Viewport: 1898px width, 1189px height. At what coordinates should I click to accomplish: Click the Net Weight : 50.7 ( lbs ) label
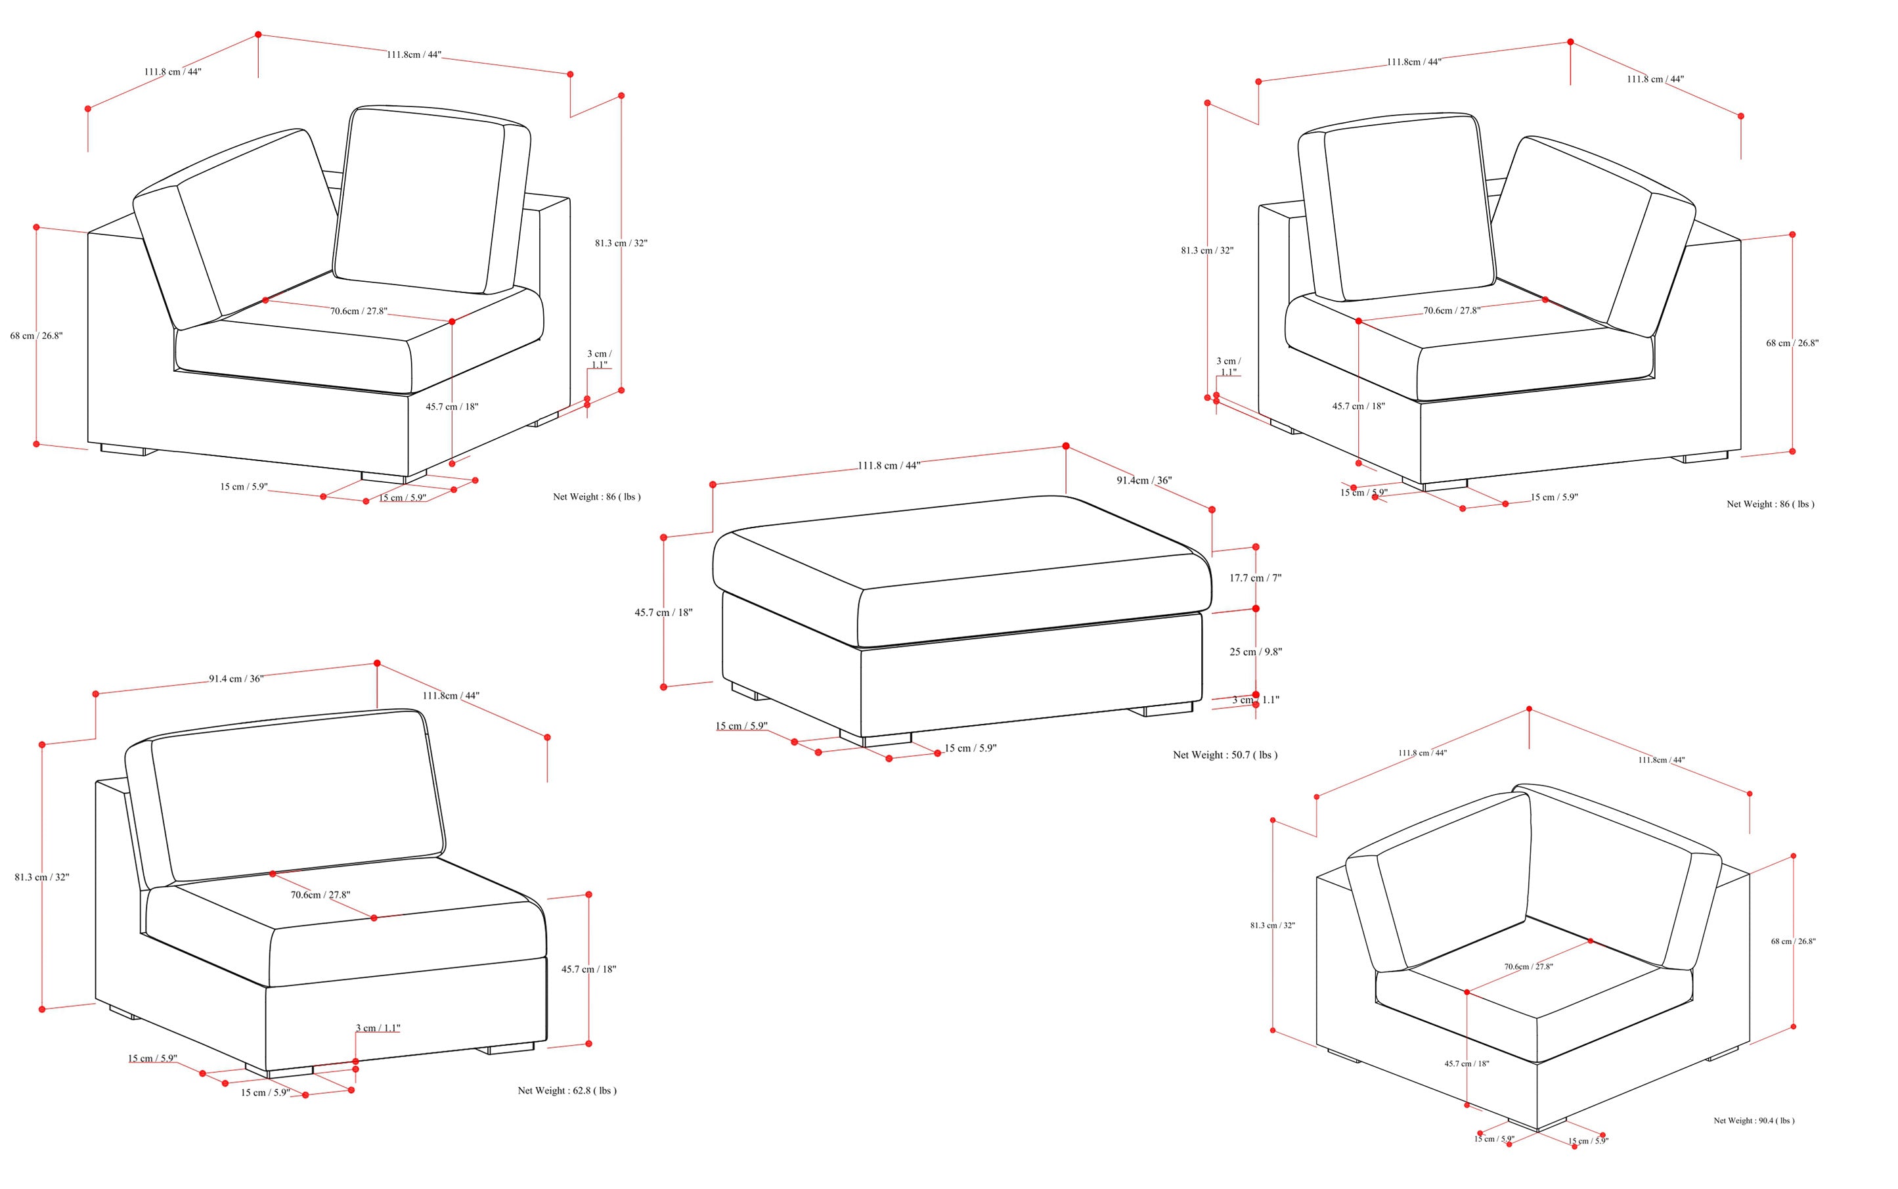[1224, 755]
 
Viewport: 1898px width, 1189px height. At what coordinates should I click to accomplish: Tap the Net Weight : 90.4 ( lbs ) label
[1754, 1121]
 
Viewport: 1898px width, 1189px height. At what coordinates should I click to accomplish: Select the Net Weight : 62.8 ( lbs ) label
[566, 1090]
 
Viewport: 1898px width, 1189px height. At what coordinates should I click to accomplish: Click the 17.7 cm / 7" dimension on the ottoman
[1255, 578]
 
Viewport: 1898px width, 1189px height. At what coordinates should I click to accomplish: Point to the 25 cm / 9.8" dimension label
[1255, 652]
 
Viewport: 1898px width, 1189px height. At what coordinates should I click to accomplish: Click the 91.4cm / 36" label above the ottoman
[1143, 480]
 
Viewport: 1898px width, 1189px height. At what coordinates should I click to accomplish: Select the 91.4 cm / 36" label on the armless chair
[236, 679]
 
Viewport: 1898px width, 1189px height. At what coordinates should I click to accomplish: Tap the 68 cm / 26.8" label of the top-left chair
[36, 336]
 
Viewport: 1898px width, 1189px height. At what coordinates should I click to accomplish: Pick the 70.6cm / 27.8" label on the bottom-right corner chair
[1528, 966]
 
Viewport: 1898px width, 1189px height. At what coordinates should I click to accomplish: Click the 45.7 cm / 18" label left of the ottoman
[663, 613]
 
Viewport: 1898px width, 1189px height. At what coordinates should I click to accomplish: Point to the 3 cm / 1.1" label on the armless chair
[378, 1028]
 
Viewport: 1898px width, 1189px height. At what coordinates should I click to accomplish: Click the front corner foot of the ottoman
[875, 740]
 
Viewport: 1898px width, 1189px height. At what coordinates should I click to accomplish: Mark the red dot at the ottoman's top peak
[1065, 446]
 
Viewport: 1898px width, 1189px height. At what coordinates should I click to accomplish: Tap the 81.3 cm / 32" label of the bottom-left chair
[41, 877]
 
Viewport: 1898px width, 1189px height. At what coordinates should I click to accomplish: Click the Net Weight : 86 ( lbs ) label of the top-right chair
[1770, 504]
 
